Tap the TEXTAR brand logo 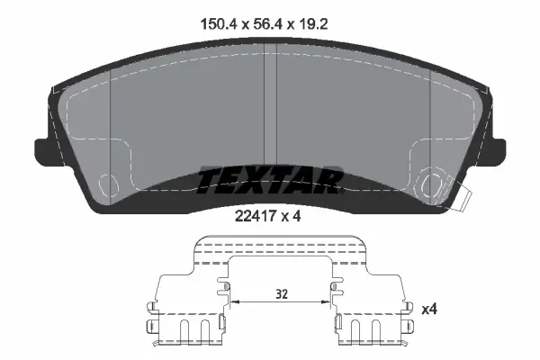tap(269, 181)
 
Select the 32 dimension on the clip tap(282, 293)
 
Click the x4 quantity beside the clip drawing tap(430, 310)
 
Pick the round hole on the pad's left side tap(109, 184)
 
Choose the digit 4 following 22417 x tap(298, 216)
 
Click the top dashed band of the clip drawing tap(281, 244)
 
